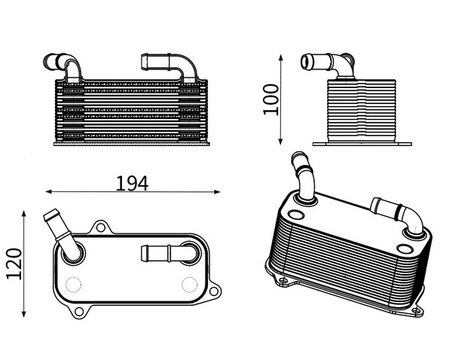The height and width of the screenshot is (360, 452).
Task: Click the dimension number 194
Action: coord(132,183)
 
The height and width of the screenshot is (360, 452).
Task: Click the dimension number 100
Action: coord(271,99)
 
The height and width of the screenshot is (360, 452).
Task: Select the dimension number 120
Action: coord(14,264)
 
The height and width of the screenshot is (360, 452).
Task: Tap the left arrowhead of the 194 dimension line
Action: coord(48,191)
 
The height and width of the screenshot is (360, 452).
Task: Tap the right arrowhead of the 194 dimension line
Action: coord(217,191)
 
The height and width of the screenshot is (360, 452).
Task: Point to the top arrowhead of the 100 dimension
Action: coord(281,57)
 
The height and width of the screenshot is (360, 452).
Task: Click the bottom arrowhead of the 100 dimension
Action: coord(281,142)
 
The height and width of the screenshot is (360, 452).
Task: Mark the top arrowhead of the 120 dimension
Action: coord(24,214)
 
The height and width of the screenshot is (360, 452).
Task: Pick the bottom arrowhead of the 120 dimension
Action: coord(24,314)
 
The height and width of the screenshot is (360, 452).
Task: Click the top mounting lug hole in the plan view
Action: coord(101,227)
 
